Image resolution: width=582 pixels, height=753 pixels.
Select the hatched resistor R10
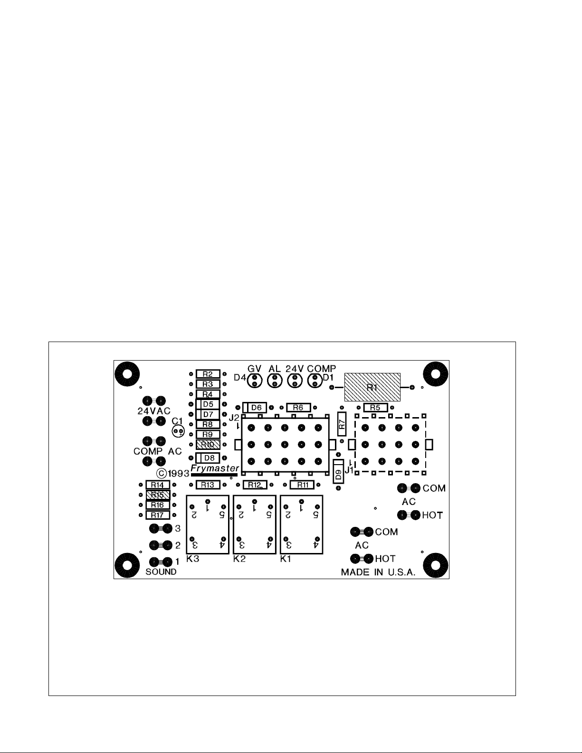coord(208,445)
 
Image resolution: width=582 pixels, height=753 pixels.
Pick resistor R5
coord(375,408)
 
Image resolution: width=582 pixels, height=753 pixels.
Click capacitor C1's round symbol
coord(179,431)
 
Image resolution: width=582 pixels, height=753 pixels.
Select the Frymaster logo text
coord(214,468)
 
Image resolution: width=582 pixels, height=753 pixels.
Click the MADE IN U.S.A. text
coord(378,572)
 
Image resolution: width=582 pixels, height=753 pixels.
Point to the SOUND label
coord(161,572)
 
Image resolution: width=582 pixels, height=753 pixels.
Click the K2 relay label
coord(239,559)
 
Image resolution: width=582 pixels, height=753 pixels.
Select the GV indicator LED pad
coord(255,381)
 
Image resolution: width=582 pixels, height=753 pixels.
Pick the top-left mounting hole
coord(127,374)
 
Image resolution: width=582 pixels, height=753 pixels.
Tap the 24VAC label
coord(154,410)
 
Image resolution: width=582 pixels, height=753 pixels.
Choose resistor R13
coord(208,485)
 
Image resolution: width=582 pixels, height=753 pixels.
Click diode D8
coord(208,458)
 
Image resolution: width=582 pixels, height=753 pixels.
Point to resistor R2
coord(208,374)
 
